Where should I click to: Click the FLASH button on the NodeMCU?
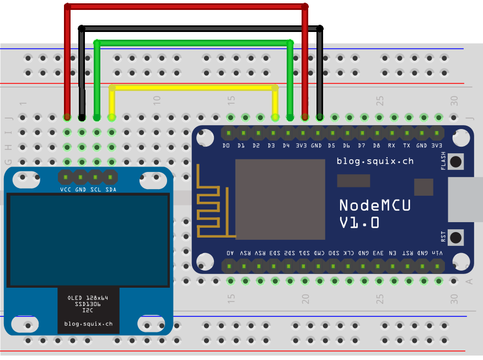pos(456,161)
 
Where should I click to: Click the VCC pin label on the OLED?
pos(66,189)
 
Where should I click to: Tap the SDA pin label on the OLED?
pos(111,189)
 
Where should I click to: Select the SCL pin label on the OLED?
pos(95,189)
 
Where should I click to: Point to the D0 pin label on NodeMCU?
pos(226,146)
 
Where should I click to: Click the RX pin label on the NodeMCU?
pos(391,146)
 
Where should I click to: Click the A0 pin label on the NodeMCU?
pos(230,252)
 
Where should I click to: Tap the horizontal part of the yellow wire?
pos(193,88)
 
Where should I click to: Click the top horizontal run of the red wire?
pos(185,7)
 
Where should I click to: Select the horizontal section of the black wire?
pos(201,28)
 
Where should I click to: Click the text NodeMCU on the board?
pos(375,205)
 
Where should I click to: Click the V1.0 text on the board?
pos(359,223)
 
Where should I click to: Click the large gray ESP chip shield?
pos(280,200)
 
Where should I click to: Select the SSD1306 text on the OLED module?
pos(88,304)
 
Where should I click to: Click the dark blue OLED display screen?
pos(88,240)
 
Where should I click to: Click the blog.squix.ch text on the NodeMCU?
pos(375,161)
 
